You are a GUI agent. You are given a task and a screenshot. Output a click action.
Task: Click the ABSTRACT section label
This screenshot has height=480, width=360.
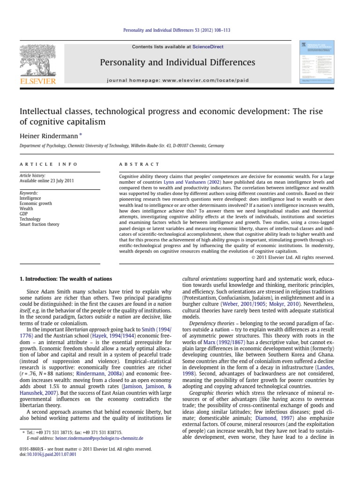(x=133, y=164)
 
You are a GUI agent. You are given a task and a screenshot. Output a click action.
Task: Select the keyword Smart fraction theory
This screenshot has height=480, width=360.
(x=39, y=225)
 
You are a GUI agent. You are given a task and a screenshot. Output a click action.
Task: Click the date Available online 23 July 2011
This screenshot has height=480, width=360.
(x=46, y=180)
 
